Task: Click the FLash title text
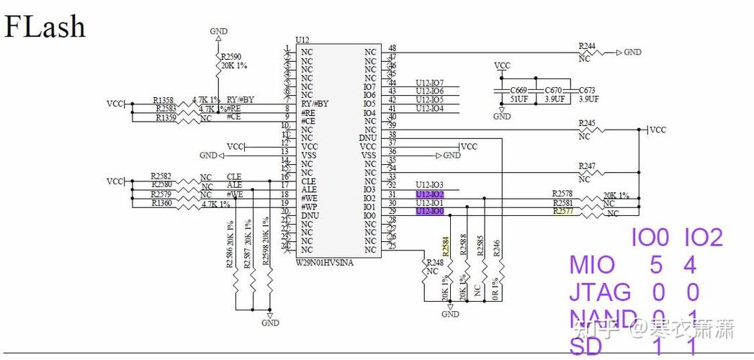45,27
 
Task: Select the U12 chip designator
302,40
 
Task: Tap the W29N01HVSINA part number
324,262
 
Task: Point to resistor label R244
587,46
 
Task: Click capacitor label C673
586,91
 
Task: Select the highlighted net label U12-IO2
429,194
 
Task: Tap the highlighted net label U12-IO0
429,211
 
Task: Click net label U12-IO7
429,83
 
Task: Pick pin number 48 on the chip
392,48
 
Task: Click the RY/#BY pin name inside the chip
315,104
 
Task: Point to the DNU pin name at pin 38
367,138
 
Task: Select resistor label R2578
562,194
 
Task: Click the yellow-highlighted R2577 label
562,211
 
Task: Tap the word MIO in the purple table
592,264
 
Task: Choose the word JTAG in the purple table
599,292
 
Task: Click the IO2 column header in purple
702,238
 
